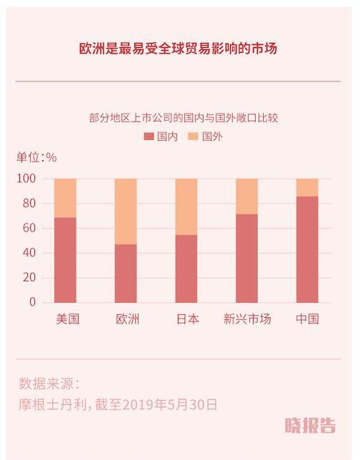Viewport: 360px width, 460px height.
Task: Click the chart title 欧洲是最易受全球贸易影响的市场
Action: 178,49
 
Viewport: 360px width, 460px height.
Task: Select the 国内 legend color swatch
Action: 149,136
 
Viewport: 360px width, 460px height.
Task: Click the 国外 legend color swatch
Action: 193,136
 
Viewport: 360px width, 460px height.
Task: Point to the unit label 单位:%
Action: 36,157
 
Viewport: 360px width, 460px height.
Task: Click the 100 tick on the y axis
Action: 26,179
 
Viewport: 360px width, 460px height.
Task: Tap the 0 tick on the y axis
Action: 32,303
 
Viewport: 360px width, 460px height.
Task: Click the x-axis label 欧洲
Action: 126,319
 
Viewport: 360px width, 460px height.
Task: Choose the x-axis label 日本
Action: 186,319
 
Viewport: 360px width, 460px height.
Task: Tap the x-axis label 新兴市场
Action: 247,319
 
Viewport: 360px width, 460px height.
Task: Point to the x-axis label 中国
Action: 307,319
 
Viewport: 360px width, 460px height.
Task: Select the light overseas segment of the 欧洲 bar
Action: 126,211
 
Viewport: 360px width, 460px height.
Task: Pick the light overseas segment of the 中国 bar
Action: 307,187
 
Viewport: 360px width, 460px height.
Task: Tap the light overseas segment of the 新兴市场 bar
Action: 247,196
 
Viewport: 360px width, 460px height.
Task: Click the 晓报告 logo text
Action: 309,426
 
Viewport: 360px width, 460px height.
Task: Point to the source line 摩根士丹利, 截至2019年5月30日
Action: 118,405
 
